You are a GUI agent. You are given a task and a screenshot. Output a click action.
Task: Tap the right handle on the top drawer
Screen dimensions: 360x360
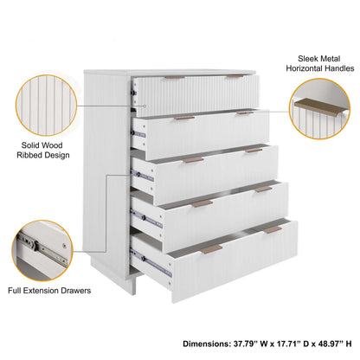[x=235, y=76]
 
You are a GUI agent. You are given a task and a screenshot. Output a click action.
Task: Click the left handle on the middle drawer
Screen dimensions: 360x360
[x=194, y=160]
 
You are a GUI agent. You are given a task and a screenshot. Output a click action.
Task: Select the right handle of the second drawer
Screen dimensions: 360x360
[x=244, y=112]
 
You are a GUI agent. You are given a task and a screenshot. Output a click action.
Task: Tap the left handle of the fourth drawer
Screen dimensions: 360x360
[x=202, y=203]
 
